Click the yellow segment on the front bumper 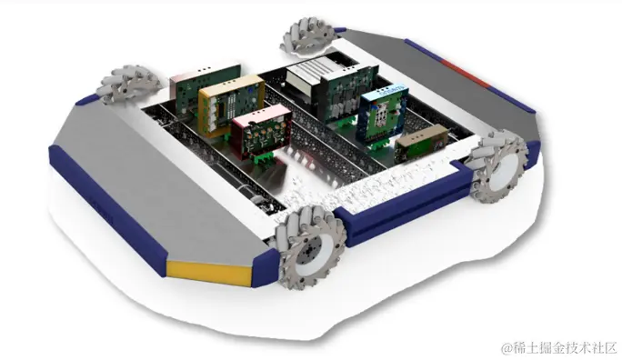coord(209,273)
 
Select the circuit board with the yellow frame coord(231,105)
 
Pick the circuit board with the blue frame coord(383,112)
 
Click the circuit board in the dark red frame coord(261,132)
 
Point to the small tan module coord(421,144)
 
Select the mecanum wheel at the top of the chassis coord(306,37)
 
